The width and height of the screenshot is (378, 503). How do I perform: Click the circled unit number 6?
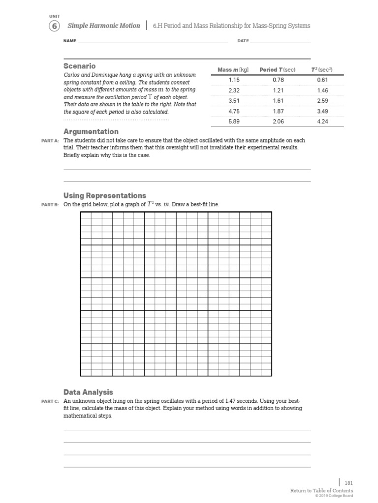[x=54, y=26]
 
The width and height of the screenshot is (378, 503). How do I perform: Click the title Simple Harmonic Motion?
[x=103, y=26]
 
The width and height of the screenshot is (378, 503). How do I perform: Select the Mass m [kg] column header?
[x=234, y=70]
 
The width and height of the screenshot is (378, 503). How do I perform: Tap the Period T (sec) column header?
[x=277, y=70]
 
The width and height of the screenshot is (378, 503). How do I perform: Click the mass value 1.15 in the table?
[x=234, y=80]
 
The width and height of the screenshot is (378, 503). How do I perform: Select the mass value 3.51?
[x=234, y=101]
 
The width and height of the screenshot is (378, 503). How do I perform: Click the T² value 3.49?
[x=322, y=112]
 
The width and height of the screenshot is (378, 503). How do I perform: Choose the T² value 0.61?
[x=322, y=80]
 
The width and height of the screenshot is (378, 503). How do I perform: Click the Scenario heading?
[x=79, y=66]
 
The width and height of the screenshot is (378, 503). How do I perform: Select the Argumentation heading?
[x=91, y=132]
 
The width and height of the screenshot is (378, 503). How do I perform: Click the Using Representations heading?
[x=104, y=196]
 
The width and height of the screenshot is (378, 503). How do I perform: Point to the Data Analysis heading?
[x=88, y=392]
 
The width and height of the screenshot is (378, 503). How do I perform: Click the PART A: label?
[x=50, y=141]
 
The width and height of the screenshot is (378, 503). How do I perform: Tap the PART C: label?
[x=50, y=401]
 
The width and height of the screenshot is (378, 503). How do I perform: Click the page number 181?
[x=348, y=483]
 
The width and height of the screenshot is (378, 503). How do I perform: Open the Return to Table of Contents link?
[x=321, y=491]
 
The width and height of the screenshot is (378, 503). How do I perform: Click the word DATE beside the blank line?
[x=243, y=41]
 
